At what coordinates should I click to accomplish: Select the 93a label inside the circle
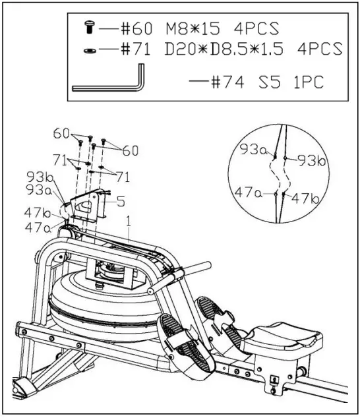pos(252,150)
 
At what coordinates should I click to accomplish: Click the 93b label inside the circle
pos(311,160)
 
